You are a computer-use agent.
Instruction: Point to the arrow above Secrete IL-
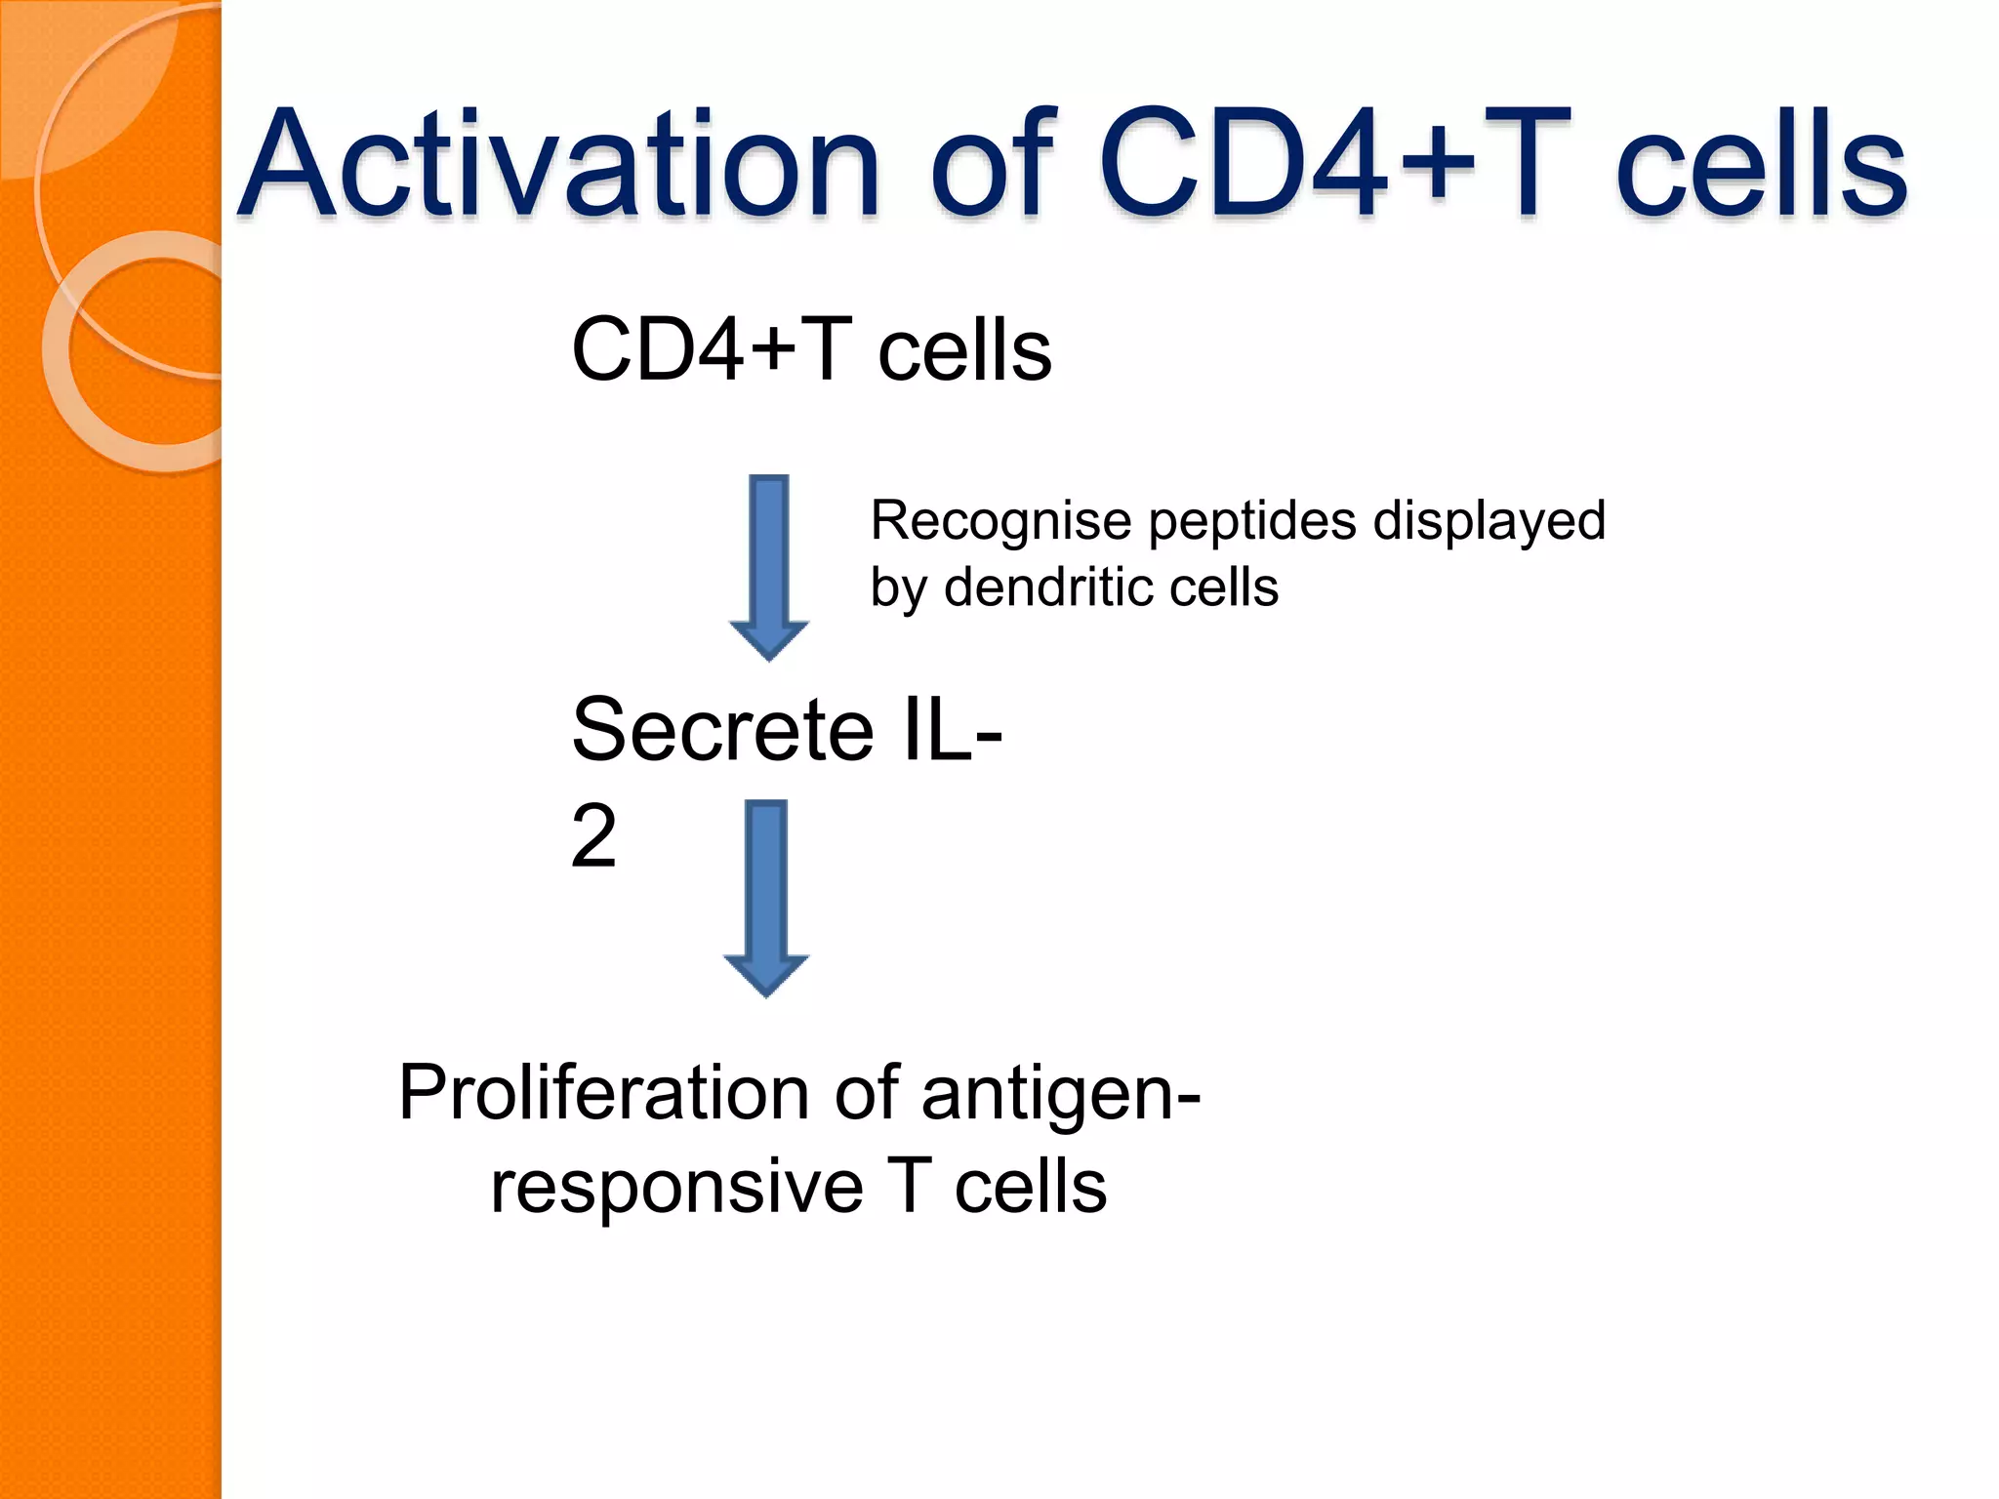769,566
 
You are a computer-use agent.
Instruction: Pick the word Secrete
722,730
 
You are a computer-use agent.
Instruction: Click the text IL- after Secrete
952,730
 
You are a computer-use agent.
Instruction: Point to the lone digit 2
593,835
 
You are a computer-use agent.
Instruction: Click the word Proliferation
603,1093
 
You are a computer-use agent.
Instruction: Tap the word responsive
676,1188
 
